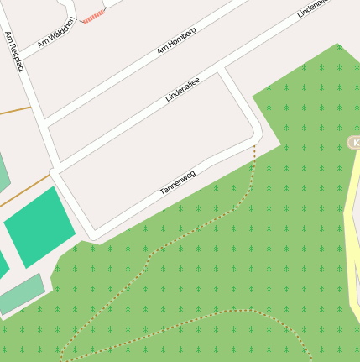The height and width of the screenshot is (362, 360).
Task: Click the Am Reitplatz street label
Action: pos(14,51)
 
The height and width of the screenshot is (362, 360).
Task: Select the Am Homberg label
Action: pos(176,41)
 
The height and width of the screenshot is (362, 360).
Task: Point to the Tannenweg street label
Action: pos(177,183)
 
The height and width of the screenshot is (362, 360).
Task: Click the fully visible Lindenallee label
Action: pos(185,87)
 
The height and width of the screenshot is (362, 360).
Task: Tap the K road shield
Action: pos(354,143)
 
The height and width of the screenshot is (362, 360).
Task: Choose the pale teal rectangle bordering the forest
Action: pos(20,294)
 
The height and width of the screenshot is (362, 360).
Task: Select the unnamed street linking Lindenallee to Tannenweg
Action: pos(239,101)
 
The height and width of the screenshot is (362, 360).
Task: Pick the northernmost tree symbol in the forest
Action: pos(338,47)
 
